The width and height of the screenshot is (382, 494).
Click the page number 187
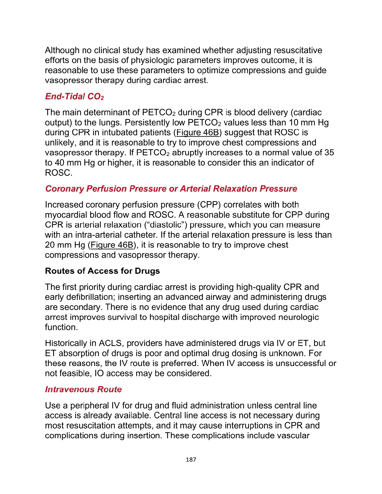click(x=191, y=459)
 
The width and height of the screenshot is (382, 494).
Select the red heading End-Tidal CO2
click(x=74, y=96)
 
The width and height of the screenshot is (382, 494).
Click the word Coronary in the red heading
click(x=65, y=189)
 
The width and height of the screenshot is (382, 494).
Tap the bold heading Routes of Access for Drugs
click(x=102, y=271)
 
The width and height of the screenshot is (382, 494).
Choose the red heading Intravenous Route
click(x=83, y=389)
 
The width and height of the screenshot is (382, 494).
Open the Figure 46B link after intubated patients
click(x=197, y=133)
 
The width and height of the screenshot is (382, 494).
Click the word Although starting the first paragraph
click(x=62, y=50)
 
